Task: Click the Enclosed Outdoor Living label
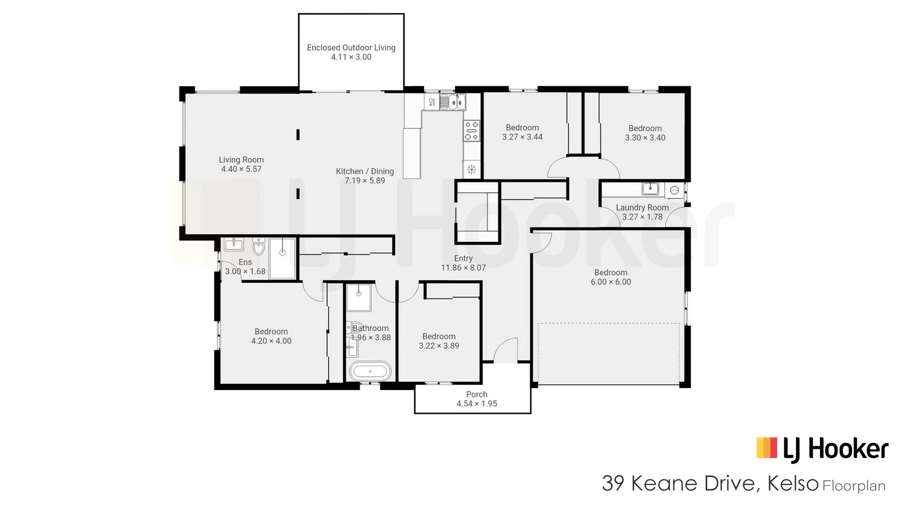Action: pyautogui.click(x=351, y=48)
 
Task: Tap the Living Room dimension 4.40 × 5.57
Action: pyautogui.click(x=241, y=169)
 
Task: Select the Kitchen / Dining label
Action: pyautogui.click(x=365, y=171)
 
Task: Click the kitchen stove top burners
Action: pyautogui.click(x=471, y=131)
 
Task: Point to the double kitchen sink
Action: pyautogui.click(x=453, y=102)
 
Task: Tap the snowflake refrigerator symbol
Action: pyautogui.click(x=471, y=170)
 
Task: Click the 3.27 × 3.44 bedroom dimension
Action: pyautogui.click(x=522, y=137)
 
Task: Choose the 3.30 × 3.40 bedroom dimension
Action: pyautogui.click(x=645, y=138)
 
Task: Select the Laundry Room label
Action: pyautogui.click(x=642, y=208)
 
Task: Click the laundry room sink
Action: pyautogui.click(x=650, y=188)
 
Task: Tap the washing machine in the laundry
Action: pyautogui.click(x=675, y=190)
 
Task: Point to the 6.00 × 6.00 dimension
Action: pyautogui.click(x=611, y=282)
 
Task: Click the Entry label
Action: pyautogui.click(x=463, y=258)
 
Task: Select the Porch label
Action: pyautogui.click(x=477, y=394)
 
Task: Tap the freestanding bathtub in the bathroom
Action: pyautogui.click(x=370, y=372)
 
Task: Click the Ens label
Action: pyautogui.click(x=245, y=262)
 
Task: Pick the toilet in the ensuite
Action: pyautogui.click(x=258, y=246)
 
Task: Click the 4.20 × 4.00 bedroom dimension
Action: pyautogui.click(x=271, y=341)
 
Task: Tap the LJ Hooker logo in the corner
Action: pyautogui.click(x=822, y=449)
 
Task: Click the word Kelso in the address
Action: pyautogui.click(x=793, y=483)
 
